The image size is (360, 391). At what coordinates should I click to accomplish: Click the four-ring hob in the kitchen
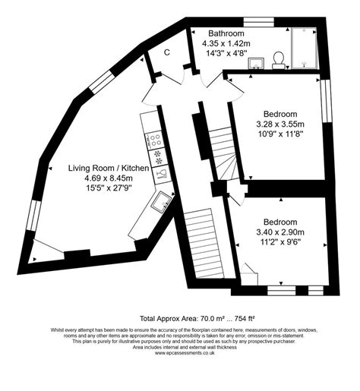(x=154, y=140)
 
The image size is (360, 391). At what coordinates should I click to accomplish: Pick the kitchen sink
(x=162, y=200)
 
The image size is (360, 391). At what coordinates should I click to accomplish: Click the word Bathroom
(x=226, y=34)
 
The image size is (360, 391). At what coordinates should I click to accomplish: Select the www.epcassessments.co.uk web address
(x=180, y=353)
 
